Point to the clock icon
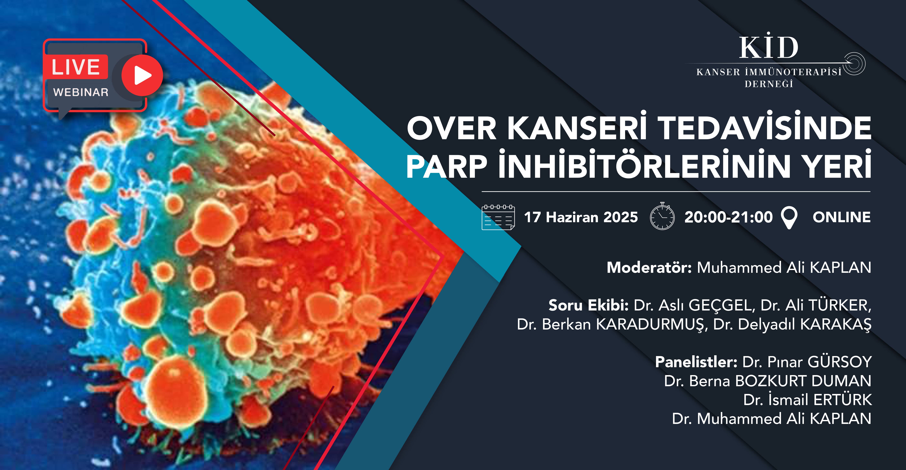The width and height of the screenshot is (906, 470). [x=662, y=216]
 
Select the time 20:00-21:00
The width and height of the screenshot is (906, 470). [x=728, y=217]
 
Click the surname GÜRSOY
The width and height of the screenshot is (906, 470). [x=840, y=362]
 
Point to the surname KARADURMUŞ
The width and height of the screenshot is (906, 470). [x=651, y=325]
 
